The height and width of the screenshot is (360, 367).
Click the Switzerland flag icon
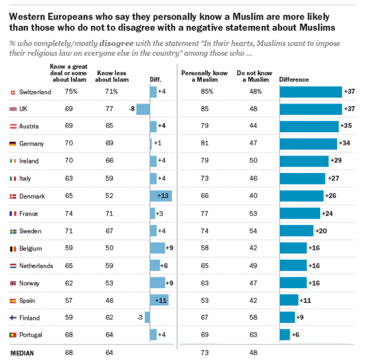tap(12, 92)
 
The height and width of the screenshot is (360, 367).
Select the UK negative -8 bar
tap(143, 109)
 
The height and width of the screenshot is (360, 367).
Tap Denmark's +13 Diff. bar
tap(161, 196)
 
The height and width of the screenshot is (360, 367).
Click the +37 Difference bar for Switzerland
tap(311, 92)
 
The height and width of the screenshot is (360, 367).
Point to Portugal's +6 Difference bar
tap(285, 335)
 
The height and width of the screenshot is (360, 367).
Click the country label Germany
tap(32, 144)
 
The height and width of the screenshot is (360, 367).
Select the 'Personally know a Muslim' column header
tap(204, 76)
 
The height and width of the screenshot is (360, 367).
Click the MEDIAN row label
tap(22, 353)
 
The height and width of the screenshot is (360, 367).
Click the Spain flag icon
tap(12, 301)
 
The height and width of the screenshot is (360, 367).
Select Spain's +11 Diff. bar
tap(159, 300)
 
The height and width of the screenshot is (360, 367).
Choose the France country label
tap(29, 214)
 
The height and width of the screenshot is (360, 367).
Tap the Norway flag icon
tap(12, 283)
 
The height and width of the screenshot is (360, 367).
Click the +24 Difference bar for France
tap(300, 213)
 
